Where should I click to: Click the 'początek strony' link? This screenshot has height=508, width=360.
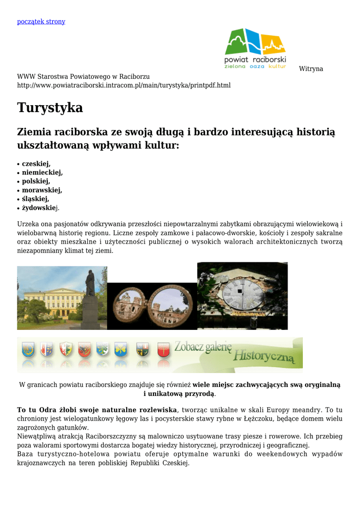click(41, 21)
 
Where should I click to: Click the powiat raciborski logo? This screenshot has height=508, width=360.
click(255, 49)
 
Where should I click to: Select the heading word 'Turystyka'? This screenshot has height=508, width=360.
click(50, 108)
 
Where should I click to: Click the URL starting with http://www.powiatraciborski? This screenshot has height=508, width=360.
click(124, 85)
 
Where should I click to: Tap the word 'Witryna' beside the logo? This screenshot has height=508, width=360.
click(311, 69)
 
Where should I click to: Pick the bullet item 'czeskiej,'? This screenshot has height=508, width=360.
click(36, 164)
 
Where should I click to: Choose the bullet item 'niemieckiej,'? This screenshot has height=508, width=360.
click(42, 173)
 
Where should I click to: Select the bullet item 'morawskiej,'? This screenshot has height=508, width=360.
click(42, 190)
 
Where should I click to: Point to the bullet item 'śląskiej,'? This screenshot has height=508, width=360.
click(35, 199)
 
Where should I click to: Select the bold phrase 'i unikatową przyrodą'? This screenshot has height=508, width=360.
click(179, 393)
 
